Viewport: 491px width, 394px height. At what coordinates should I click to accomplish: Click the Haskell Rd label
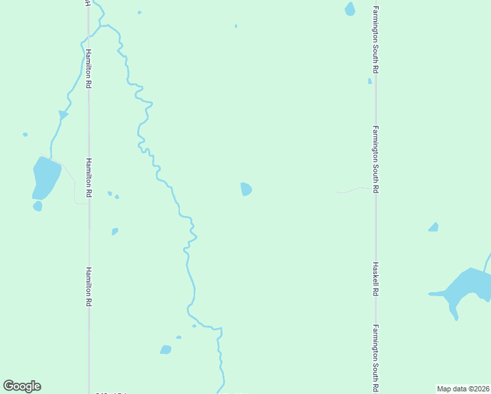click(x=375, y=280)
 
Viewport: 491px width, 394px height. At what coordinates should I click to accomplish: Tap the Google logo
click(x=22, y=386)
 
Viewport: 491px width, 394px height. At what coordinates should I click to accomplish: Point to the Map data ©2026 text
click(x=463, y=389)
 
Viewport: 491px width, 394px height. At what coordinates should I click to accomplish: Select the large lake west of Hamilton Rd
click(x=46, y=177)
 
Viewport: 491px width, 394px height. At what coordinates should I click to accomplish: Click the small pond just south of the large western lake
click(x=37, y=206)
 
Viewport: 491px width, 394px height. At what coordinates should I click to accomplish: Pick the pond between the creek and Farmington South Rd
click(x=246, y=189)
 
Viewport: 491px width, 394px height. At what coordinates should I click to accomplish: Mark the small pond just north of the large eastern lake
click(x=433, y=227)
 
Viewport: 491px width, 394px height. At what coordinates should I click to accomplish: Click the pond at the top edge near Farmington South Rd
click(x=350, y=9)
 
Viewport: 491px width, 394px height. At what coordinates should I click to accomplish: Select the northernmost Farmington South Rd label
click(x=375, y=40)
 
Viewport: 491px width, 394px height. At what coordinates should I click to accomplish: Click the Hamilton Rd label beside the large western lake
click(x=89, y=178)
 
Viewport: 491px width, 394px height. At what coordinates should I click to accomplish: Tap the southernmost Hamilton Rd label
click(x=89, y=286)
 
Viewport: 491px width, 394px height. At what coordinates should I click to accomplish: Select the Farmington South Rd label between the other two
click(x=375, y=160)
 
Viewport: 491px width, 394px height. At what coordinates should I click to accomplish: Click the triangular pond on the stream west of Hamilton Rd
click(x=63, y=115)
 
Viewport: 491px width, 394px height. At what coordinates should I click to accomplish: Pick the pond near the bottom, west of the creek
click(x=165, y=349)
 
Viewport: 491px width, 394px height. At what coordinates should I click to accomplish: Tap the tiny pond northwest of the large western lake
click(x=25, y=135)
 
